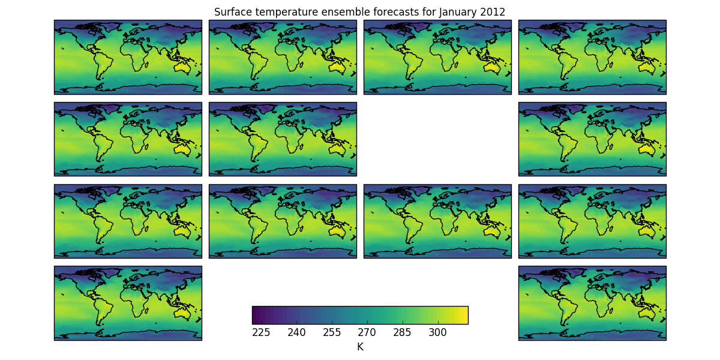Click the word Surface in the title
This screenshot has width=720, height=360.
click(x=231, y=12)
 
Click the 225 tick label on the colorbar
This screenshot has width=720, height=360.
click(x=261, y=332)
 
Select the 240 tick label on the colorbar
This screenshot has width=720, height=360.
click(x=296, y=332)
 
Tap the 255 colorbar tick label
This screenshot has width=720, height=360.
click(x=332, y=332)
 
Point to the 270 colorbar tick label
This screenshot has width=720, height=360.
click(x=367, y=332)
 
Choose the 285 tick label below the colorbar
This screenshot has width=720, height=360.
click(x=403, y=332)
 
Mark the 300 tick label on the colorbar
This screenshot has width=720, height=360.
click(x=438, y=332)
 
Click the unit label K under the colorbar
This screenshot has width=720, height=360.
click(x=360, y=347)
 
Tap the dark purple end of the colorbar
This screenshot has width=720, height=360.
click(x=254, y=315)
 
